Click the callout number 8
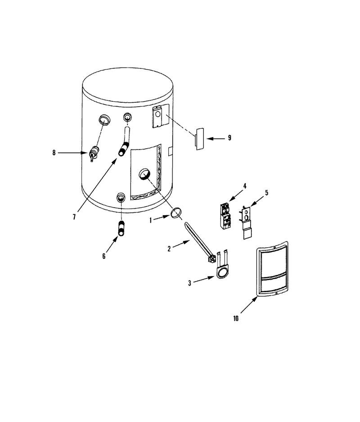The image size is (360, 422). [x=54, y=153]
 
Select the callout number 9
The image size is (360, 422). [x=229, y=138]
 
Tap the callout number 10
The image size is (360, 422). [x=236, y=318]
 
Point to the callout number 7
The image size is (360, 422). [x=74, y=217]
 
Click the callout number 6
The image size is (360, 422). [x=104, y=256]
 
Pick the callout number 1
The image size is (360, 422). [x=151, y=220]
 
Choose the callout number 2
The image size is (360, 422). [x=169, y=249]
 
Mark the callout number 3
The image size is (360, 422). [x=189, y=283]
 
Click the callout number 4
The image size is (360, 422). [x=245, y=186]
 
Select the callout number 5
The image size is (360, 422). [x=266, y=193]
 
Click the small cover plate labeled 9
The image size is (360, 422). [x=199, y=139]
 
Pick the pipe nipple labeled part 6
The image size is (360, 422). [x=121, y=228]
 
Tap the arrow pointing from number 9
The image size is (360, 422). [x=216, y=139]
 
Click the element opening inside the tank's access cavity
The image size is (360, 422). [x=144, y=174]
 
